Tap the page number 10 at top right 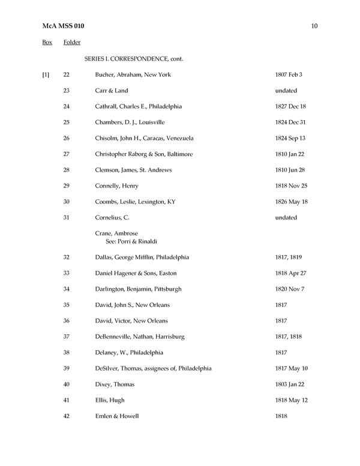pyautogui.click(x=314, y=26)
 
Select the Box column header pyautogui.click(x=47, y=43)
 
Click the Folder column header pyautogui.click(x=72, y=43)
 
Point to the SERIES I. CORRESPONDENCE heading pyautogui.click(x=134, y=59)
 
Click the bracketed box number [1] pyautogui.click(x=46, y=75)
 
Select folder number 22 pyautogui.click(x=66, y=75)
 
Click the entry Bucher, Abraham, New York pyautogui.click(x=133, y=75)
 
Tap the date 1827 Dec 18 pyautogui.click(x=290, y=106)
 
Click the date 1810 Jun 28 pyautogui.click(x=290, y=170)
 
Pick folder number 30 pyautogui.click(x=66, y=202)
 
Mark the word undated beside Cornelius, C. pyautogui.click(x=286, y=217)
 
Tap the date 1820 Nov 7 pyautogui.click(x=290, y=289)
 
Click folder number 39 pyautogui.click(x=66, y=368)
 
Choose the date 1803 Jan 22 pyautogui.click(x=290, y=384)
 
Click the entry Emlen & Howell pyautogui.click(x=117, y=416)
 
